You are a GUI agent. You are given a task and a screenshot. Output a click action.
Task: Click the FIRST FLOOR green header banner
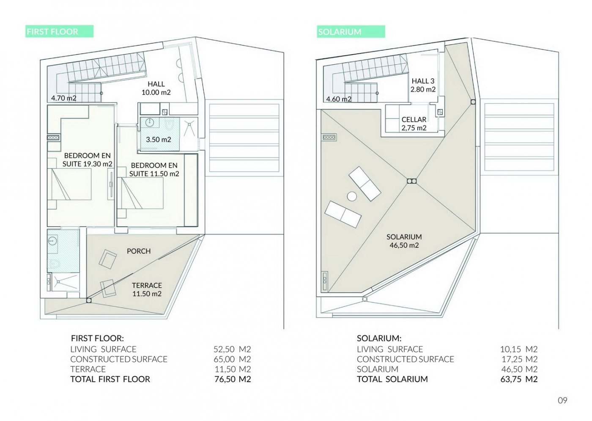[x=60, y=31]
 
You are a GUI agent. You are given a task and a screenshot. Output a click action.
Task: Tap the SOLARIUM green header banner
[x=351, y=31]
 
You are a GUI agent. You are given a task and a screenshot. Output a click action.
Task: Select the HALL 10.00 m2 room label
[x=156, y=88]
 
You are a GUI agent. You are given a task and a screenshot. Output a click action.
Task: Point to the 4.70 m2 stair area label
[x=64, y=98]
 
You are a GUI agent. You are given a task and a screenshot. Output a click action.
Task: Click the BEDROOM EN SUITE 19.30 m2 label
[x=88, y=160]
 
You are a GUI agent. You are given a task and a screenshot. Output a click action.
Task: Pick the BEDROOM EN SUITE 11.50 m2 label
[x=154, y=170]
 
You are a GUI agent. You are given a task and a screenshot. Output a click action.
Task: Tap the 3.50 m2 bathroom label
[x=159, y=139]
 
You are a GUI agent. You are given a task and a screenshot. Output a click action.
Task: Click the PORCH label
[x=139, y=251]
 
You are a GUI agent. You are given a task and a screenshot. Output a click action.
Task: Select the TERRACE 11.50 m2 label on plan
[x=147, y=289]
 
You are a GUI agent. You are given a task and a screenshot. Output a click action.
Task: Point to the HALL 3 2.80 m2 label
[x=423, y=85]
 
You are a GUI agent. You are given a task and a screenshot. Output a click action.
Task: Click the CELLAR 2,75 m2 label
[x=414, y=124]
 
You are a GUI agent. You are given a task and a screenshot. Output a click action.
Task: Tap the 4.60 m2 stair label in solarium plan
[x=339, y=99]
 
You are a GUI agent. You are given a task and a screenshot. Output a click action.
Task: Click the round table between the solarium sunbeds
[x=352, y=196]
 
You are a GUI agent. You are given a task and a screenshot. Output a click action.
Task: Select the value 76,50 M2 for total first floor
[x=232, y=379]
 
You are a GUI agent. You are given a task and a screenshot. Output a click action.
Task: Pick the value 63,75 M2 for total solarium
[x=519, y=379]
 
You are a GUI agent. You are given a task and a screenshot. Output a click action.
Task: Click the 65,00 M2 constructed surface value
[x=232, y=359]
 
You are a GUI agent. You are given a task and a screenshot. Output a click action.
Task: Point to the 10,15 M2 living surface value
[x=519, y=349]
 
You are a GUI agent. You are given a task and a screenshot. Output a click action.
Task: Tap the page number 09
[x=562, y=400]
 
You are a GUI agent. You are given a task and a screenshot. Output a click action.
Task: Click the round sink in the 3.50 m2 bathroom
[x=150, y=122]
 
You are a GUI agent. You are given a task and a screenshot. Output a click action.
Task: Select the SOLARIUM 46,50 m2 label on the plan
[x=404, y=241]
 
